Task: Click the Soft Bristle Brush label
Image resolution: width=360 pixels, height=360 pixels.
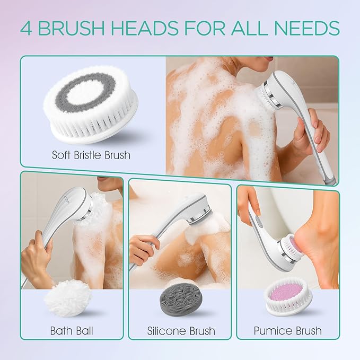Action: pos(91,156)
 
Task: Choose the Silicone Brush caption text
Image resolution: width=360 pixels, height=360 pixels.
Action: pos(181,331)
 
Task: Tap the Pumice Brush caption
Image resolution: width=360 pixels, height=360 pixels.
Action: pos(288,330)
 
